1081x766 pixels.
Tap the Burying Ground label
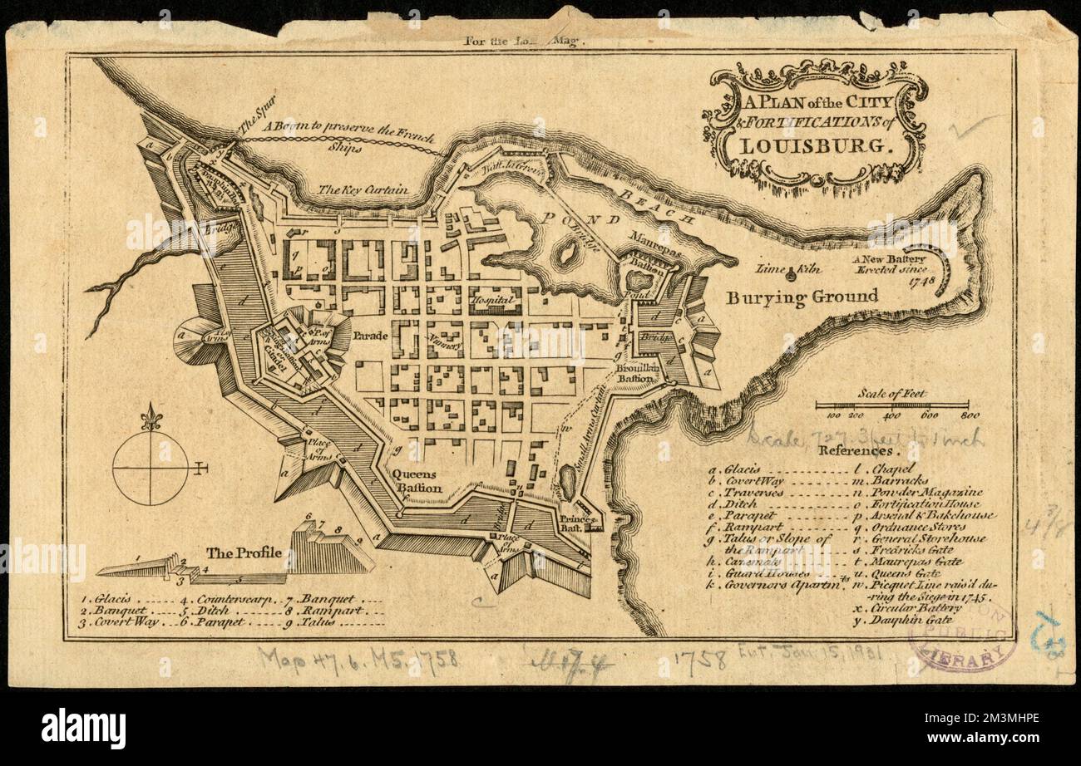[x=802, y=297]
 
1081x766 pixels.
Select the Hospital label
[x=491, y=299]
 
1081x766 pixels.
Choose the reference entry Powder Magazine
[x=918, y=493]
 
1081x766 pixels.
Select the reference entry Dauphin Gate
[x=906, y=620]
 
